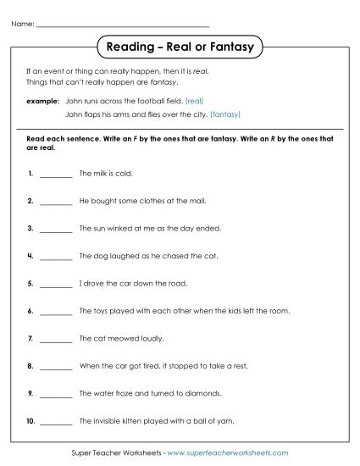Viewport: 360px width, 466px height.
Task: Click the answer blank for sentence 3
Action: click(x=56, y=229)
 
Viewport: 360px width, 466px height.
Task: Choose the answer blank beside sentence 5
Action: click(x=56, y=284)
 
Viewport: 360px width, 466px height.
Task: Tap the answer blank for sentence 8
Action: click(x=56, y=367)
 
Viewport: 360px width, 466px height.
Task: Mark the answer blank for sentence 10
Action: click(x=56, y=421)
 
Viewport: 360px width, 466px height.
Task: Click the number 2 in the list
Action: click(x=30, y=201)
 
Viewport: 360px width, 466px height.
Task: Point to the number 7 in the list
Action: click(x=30, y=339)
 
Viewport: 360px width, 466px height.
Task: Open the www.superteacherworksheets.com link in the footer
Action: click(x=228, y=453)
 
